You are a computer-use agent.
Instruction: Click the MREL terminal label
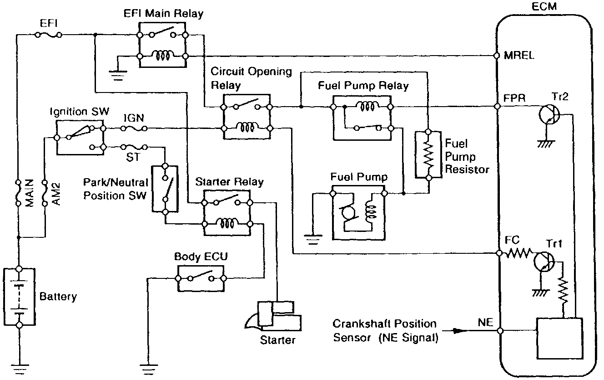tap(519, 56)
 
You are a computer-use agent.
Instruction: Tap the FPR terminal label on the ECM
tap(514, 98)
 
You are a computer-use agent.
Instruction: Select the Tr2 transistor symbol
tap(549, 114)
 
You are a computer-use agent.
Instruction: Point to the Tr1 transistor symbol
tap(544, 262)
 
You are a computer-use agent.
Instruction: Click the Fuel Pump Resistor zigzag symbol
tap(428, 155)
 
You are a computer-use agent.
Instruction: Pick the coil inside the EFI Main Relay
tap(162, 56)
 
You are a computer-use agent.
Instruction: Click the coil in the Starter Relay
tap(227, 223)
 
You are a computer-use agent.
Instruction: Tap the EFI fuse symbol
tap(49, 35)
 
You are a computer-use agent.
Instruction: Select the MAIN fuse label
tap(30, 193)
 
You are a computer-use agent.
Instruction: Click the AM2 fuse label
tap(56, 194)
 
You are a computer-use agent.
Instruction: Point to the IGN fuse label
tap(134, 118)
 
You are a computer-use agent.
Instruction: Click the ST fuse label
tap(133, 157)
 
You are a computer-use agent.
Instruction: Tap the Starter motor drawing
tap(273, 316)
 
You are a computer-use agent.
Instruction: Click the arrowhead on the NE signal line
tap(458, 331)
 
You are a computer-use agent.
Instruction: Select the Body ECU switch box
tap(201, 278)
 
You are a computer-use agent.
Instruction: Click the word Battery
tap(58, 297)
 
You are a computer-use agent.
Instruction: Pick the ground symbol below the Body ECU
tap(149, 369)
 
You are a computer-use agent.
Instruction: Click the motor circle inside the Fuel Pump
tap(347, 212)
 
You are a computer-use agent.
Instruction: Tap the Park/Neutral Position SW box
tap(165, 189)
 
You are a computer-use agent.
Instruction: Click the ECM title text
tap(544, 6)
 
